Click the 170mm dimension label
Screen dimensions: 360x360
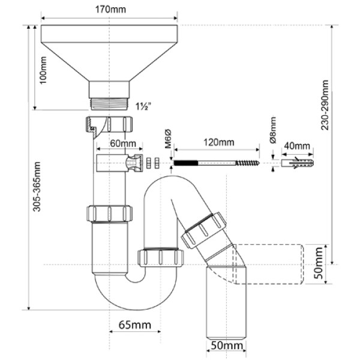[109, 10]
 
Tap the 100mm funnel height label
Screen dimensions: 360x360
[43, 71]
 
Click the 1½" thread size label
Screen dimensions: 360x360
[143, 107]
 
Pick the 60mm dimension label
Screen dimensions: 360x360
[123, 145]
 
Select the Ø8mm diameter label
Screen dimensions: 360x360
[272, 130]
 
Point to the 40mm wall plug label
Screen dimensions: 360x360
[298, 145]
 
